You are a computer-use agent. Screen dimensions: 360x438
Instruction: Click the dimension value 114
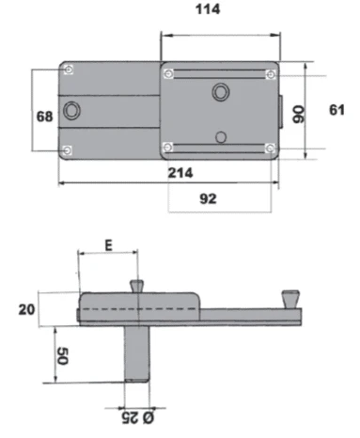(208, 8)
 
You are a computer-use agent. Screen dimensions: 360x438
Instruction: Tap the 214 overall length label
(180, 173)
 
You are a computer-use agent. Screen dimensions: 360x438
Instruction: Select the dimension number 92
(208, 198)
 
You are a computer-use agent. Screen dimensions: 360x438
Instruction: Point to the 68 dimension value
(44, 117)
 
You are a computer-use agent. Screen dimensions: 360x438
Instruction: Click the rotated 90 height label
(298, 115)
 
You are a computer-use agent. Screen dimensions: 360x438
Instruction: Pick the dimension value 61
(337, 110)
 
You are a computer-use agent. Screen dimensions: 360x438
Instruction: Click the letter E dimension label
(108, 245)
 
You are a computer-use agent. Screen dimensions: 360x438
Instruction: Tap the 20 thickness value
(26, 309)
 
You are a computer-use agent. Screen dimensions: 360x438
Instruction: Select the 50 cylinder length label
(62, 356)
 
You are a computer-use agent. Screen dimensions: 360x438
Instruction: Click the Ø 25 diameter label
(138, 418)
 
